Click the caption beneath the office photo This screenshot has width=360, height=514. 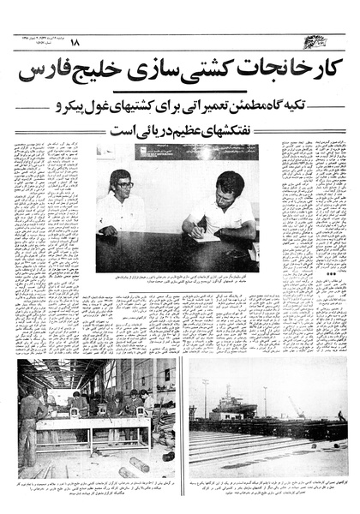coord(179,279)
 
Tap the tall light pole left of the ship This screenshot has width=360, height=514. coord(204,397)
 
